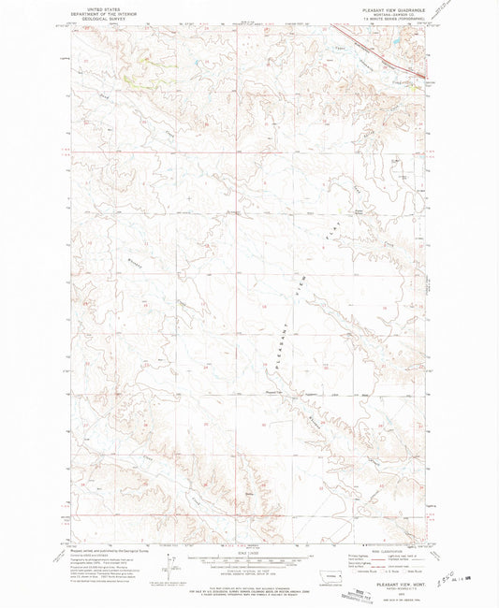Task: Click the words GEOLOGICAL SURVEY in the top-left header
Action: coord(93,15)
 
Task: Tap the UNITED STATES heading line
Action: coord(93,6)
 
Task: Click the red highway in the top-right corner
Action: coord(384,51)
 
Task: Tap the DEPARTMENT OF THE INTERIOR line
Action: coord(93,10)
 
